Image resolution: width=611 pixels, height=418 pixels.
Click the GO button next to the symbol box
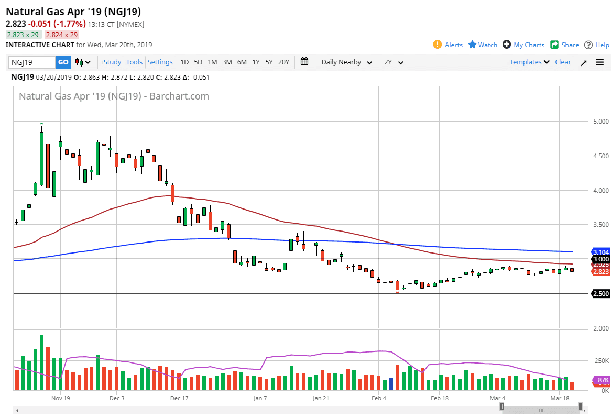[63, 62]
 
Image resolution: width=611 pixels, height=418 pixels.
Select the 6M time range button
[242, 62]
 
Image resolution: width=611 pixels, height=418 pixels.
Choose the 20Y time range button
[283, 62]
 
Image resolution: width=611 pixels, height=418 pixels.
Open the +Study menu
[111, 62]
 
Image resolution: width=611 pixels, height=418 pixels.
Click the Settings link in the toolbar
[160, 62]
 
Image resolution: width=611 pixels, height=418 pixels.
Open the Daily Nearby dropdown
[346, 62]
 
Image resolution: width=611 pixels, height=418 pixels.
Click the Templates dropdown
[529, 62]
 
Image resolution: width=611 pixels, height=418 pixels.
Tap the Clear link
[563, 62]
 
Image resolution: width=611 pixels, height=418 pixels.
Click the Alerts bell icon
[438, 45]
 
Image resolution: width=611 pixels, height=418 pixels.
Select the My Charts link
[529, 45]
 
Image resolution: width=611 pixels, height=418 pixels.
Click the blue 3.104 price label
[601, 252]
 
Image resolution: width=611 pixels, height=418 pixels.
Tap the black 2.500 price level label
[601, 294]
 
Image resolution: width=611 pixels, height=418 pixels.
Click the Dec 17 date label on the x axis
[179, 398]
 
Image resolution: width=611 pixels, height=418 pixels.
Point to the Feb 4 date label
[379, 398]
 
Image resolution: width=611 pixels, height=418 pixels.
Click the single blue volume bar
[391, 384]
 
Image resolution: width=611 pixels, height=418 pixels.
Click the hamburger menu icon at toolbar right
[600, 62]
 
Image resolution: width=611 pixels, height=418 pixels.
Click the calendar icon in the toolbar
[304, 62]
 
